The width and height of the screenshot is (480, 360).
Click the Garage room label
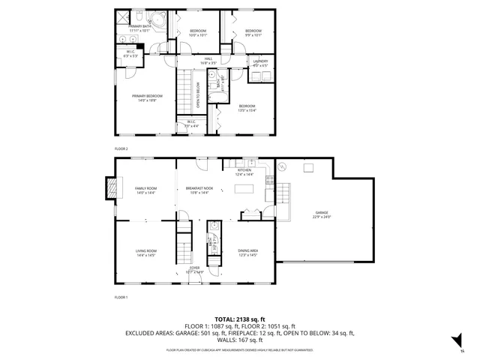click(322, 215)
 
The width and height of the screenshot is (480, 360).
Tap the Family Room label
click(145, 190)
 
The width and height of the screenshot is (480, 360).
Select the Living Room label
click(145, 252)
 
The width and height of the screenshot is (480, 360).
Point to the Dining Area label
click(248, 252)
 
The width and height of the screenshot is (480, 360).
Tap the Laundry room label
click(260, 63)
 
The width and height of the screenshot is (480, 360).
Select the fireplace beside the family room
click(112, 187)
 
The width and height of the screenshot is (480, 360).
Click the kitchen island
click(243, 187)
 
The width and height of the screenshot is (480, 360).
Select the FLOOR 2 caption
click(121, 149)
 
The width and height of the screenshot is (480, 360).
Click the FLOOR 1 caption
click(121, 298)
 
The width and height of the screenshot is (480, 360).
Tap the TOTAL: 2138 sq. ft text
click(239, 318)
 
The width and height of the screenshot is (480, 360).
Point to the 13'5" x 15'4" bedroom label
click(247, 108)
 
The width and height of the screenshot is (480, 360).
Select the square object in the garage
click(307, 168)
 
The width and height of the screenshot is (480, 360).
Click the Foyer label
click(195, 269)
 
